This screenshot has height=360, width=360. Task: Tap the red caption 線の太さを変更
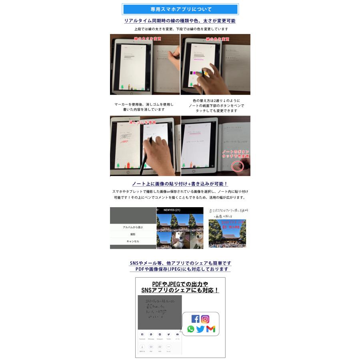point(148,39)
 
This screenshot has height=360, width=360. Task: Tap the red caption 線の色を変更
point(218,39)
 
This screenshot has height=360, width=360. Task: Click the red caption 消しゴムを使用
point(142,122)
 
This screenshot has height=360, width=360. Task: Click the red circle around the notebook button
point(238,166)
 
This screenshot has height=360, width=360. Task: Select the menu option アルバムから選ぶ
point(133,227)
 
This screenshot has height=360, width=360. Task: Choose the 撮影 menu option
point(133,234)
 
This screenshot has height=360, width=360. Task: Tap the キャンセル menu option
point(133,242)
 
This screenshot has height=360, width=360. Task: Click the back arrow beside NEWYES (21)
point(158,210)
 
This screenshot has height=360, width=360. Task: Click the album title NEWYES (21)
point(172,210)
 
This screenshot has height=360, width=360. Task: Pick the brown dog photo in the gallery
point(195,240)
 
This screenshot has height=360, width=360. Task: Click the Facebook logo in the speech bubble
point(195,319)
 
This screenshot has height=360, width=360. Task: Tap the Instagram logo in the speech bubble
point(205,319)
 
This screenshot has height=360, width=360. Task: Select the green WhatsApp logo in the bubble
point(191,329)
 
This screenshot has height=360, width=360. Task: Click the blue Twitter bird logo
point(200,329)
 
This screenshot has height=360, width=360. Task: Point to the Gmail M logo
point(211,329)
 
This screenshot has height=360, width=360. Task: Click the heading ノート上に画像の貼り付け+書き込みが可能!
point(180,184)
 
